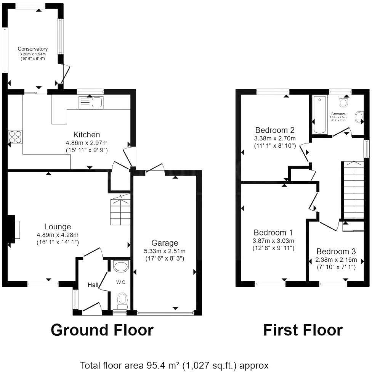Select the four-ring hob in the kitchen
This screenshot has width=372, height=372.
coord(15,137)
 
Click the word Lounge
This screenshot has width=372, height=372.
coord(57,227)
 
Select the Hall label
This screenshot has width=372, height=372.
coord(93,285)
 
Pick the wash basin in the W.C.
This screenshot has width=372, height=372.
coord(121,267)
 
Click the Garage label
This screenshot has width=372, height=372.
coord(165,243)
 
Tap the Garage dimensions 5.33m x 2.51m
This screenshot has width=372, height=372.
coord(165,251)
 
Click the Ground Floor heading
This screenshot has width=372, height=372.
coord(102,330)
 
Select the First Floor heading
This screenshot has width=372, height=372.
coord(303,330)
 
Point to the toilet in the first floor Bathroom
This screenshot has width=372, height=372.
coord(343,102)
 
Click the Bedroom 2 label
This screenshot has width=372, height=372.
coord(275,130)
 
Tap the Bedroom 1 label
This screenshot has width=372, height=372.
coord(273,233)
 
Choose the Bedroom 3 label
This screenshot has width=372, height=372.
coord(336,251)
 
